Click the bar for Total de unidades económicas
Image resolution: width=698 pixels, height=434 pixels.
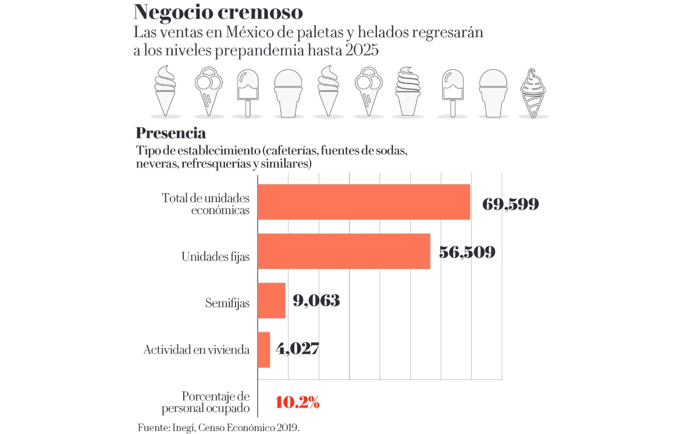pos(364,202)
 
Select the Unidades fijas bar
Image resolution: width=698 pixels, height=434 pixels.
pos(344,251)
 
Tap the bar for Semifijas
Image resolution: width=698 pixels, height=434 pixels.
pos(271,300)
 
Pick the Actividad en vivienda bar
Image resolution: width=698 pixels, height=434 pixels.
pos(263,350)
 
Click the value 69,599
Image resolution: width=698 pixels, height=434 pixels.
pos(511,204)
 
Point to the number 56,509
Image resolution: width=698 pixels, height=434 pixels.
pos(467,252)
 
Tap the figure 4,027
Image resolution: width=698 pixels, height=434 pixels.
pos(297,349)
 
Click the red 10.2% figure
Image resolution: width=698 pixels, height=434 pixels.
pos(297,402)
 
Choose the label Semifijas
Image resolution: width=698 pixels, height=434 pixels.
pos(227,303)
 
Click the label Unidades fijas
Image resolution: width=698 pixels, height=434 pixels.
pos(215,256)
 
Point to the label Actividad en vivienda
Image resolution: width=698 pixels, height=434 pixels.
pos(197,350)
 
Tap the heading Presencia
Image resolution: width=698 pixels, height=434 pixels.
pos(170,133)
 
